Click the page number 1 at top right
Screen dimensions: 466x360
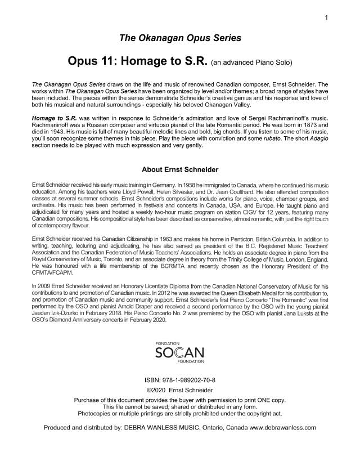tap(326, 18)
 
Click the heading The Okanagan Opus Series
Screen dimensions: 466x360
tap(180, 38)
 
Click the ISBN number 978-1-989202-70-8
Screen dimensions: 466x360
tap(192, 380)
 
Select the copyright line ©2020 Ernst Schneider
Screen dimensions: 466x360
tap(180, 390)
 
